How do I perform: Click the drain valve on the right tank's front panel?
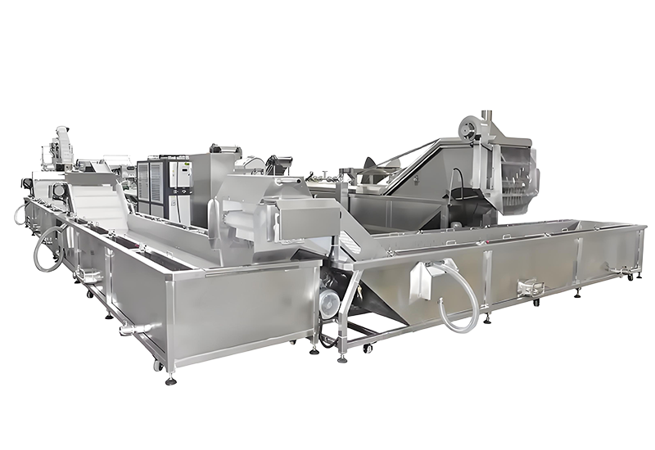click(x=530, y=287)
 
